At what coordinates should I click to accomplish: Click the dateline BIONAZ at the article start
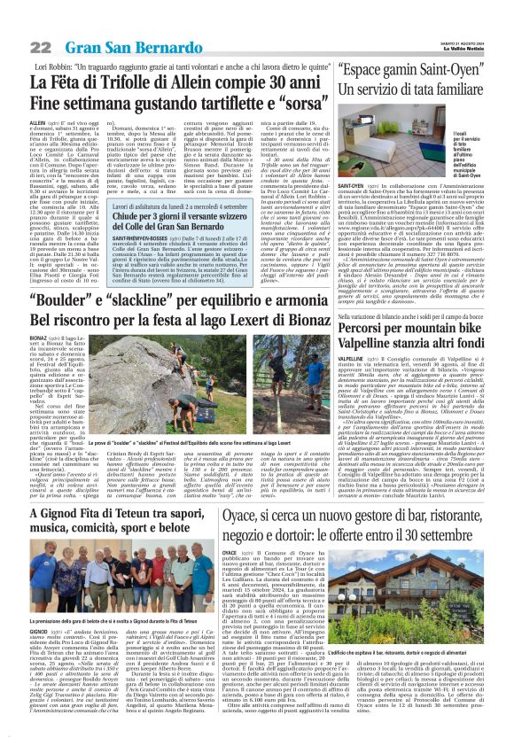(x=38, y=338)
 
